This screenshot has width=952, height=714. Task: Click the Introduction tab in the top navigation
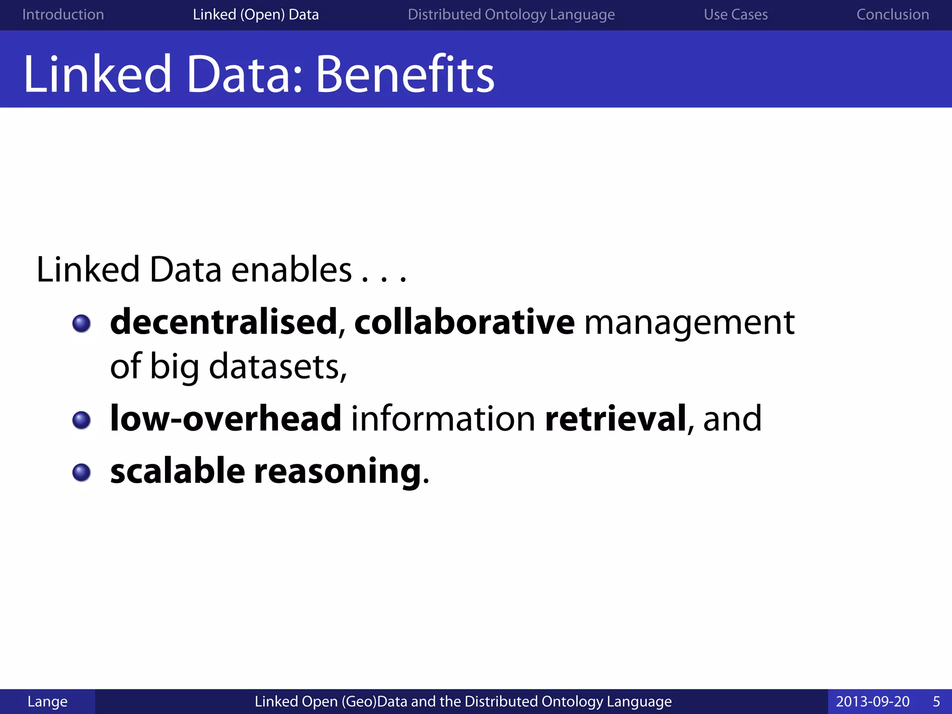tap(63, 14)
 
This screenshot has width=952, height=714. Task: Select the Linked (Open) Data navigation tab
tap(256, 14)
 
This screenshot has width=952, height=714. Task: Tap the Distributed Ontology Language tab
tap(511, 14)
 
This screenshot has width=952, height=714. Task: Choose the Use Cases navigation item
tap(735, 14)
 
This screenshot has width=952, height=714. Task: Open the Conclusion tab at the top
tap(892, 14)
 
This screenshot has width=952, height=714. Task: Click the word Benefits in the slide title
tap(404, 74)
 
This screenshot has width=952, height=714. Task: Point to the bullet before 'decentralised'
tap(82, 323)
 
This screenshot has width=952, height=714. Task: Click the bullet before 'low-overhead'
tap(82, 420)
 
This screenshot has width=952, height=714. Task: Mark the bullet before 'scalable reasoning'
tap(82, 472)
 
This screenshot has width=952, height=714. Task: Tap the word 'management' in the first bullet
tap(689, 323)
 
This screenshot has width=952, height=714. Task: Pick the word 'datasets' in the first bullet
tap(275, 367)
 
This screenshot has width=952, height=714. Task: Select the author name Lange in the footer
tap(47, 701)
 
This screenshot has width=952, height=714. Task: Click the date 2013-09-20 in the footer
tap(873, 701)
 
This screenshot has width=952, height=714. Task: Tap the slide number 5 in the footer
tap(936, 701)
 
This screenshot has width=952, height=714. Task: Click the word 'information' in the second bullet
tap(443, 418)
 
